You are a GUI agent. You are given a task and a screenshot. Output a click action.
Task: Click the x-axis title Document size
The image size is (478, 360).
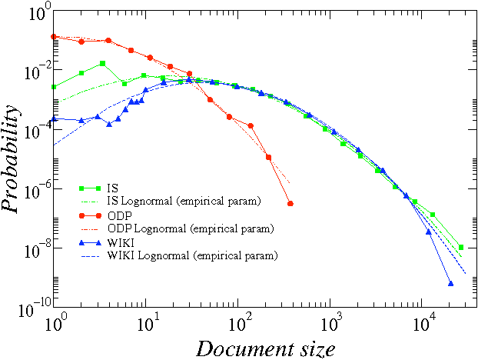click(265, 348)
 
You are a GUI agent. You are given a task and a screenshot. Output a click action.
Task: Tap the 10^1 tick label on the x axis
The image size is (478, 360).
click(147, 322)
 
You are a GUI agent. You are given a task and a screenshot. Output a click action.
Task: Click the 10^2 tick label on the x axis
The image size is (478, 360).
click(239, 322)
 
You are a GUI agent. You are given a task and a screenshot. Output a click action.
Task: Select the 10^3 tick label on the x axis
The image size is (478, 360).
click(332, 322)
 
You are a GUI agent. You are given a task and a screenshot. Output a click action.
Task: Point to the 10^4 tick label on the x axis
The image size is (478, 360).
click(424, 322)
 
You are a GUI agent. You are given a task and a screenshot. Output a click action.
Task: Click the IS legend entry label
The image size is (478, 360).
click(112, 187)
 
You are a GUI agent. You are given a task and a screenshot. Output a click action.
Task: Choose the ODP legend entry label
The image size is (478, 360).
click(118, 215)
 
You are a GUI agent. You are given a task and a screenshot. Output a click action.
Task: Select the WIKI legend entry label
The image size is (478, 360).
click(120, 242)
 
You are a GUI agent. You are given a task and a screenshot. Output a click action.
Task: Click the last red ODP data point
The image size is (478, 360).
click(290, 204)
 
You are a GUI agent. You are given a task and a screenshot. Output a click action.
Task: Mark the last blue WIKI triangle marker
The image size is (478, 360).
click(450, 284)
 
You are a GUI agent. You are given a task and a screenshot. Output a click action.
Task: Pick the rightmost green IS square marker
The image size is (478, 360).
click(461, 248)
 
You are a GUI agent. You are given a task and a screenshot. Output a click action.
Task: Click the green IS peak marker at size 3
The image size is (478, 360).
click(102, 63)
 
